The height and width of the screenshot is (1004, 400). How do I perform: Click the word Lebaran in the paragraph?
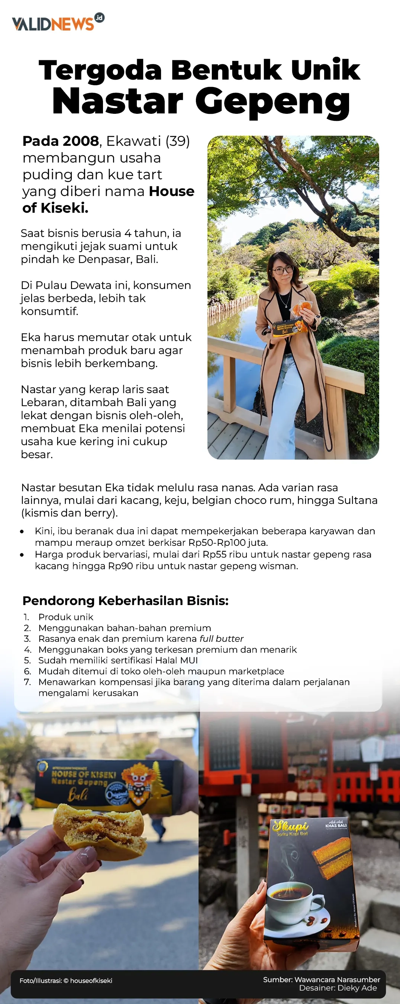click(43, 402)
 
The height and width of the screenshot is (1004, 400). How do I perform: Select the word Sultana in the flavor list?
click(358, 500)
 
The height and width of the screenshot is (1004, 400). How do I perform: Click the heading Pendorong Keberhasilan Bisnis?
click(125, 601)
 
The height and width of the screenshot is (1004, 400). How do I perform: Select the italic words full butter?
click(221, 639)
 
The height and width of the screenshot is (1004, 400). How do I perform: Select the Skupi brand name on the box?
click(290, 826)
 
